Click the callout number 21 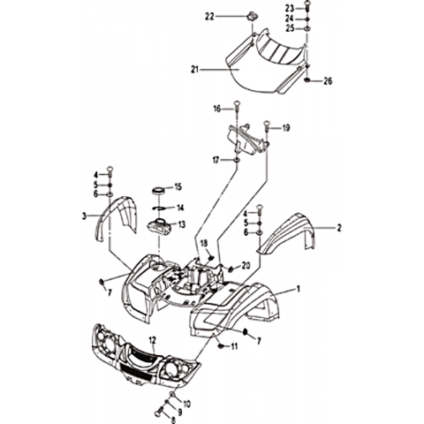pyautogui.click(x=195, y=70)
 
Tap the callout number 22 pyautogui.click(x=209, y=17)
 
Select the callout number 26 pyautogui.click(x=328, y=80)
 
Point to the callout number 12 pyautogui.click(x=152, y=341)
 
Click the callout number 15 pyautogui.click(x=178, y=187)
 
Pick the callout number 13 pyautogui.click(x=182, y=224)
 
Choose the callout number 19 pyautogui.click(x=286, y=128)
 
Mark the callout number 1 pyautogui.click(x=299, y=289)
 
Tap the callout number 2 pyautogui.click(x=339, y=228)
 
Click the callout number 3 pyautogui.click(x=85, y=216)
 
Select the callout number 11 pyautogui.click(x=234, y=347)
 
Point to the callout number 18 pyautogui.click(x=204, y=243)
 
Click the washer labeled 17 pyautogui.click(x=237, y=160)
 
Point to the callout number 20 pyautogui.click(x=246, y=266)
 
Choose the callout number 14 pyautogui.click(x=179, y=208)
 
